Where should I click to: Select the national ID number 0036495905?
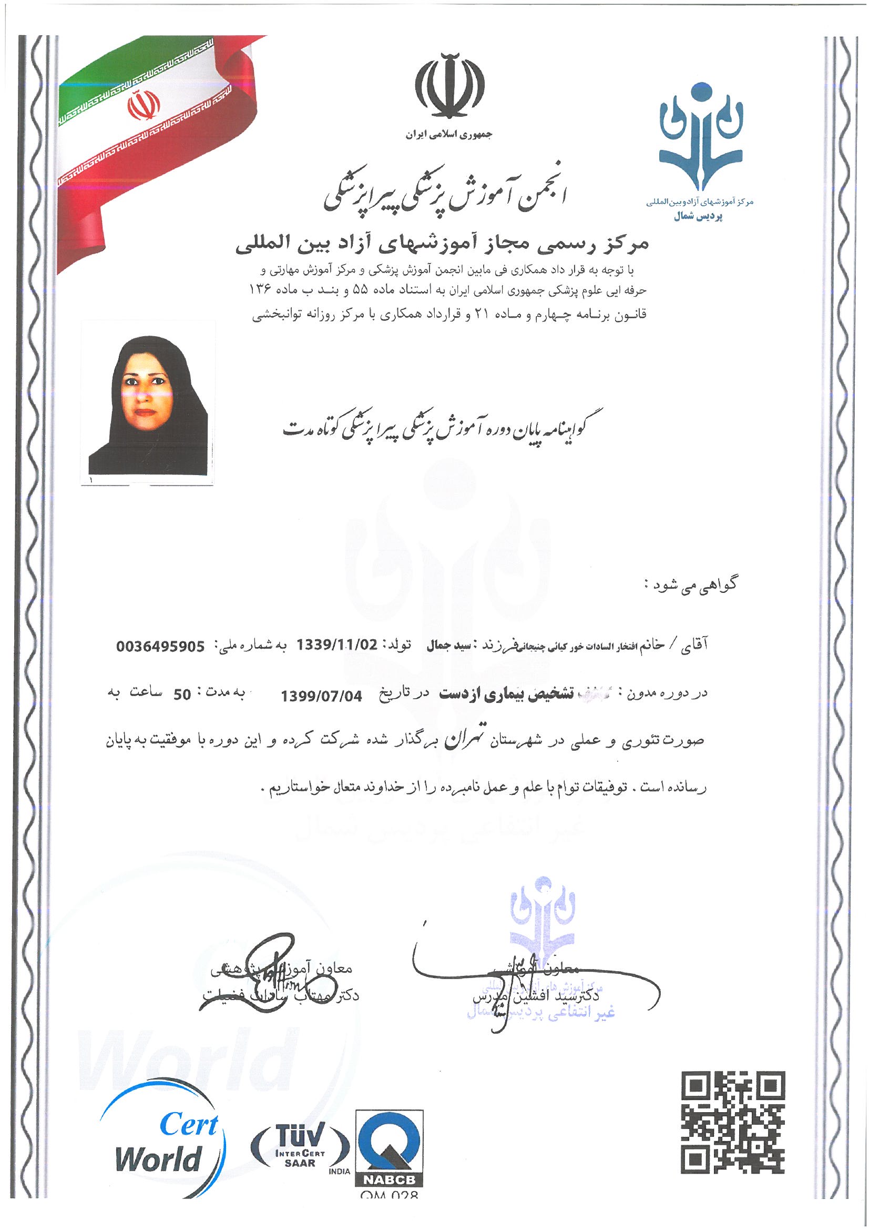[x=161, y=647]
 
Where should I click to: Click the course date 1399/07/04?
[x=321, y=696]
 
